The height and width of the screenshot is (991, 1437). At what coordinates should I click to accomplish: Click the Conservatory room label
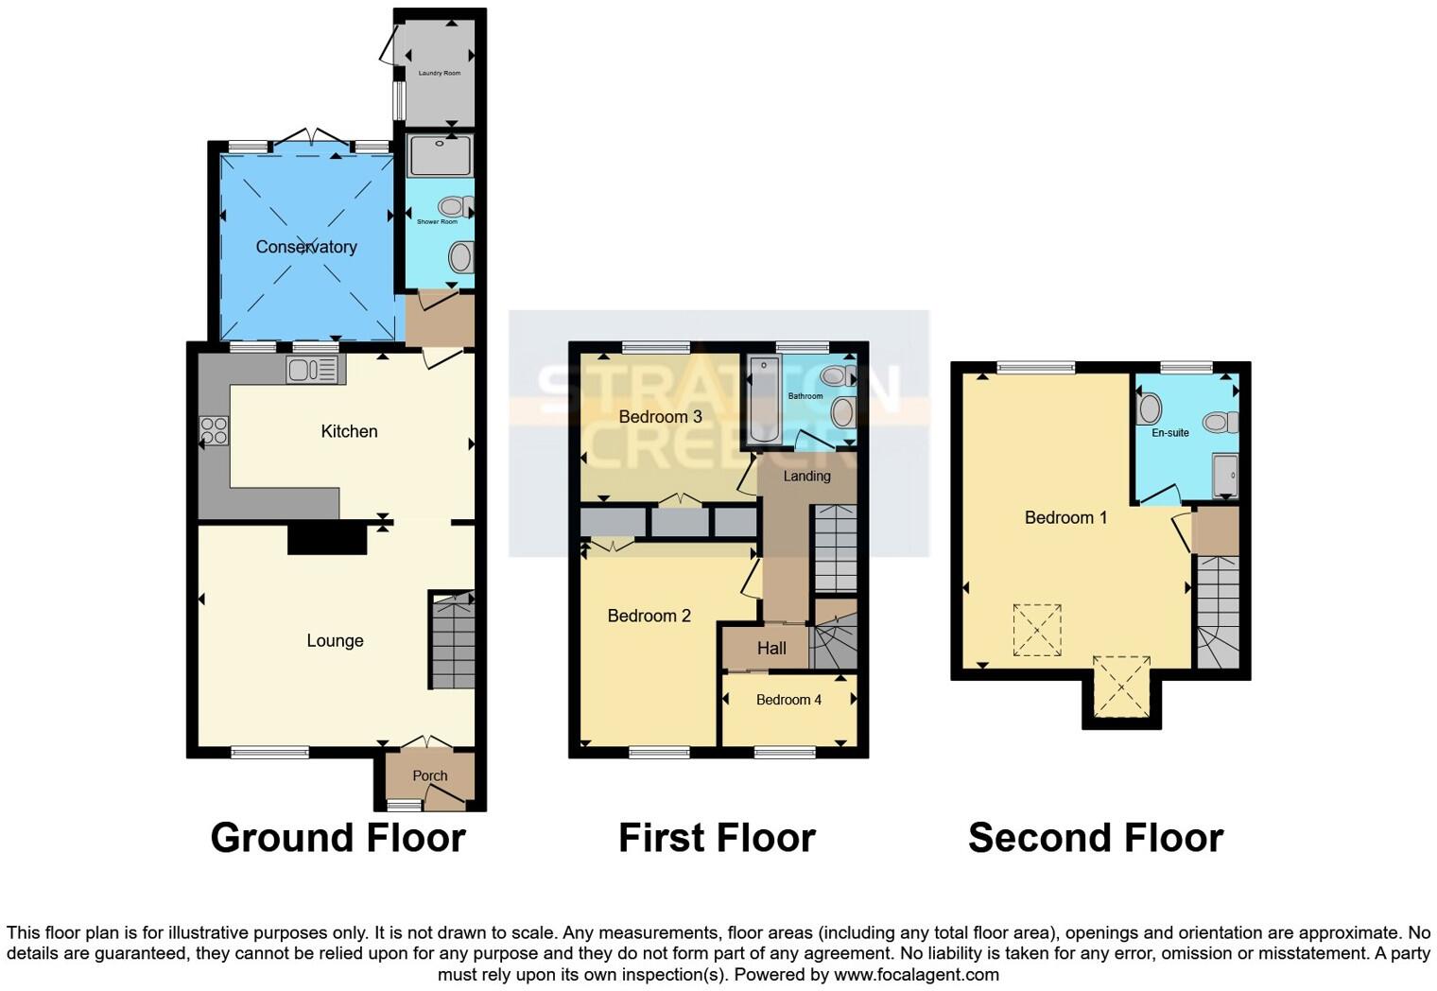(x=306, y=247)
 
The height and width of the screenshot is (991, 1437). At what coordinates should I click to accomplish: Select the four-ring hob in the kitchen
(x=214, y=431)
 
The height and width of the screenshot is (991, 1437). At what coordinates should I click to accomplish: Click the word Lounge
(x=335, y=640)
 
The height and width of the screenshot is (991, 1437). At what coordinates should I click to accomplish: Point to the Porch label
(x=430, y=775)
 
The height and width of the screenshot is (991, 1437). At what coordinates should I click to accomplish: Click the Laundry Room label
(x=440, y=73)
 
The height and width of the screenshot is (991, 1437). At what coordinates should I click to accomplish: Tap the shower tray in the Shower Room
(x=441, y=156)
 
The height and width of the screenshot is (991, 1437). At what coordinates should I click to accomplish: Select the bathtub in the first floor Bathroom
(x=763, y=401)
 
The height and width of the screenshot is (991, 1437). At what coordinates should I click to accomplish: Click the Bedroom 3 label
(x=660, y=417)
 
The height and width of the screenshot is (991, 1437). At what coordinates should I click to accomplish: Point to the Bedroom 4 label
(x=788, y=700)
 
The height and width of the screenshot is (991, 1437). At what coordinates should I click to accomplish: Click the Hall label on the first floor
(x=771, y=648)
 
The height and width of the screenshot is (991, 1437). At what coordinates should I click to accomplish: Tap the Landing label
(x=806, y=476)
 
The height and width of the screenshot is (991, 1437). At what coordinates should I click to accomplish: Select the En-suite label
(x=1170, y=432)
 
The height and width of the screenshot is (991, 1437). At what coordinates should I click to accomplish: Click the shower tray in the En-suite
(x=1225, y=476)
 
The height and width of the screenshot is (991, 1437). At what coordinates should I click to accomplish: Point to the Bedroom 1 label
(x=1065, y=517)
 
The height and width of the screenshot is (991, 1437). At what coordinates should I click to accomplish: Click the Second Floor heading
(x=1095, y=838)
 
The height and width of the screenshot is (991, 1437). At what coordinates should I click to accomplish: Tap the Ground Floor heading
(x=338, y=838)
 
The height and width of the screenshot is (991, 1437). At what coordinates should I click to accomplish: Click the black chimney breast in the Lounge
(x=327, y=538)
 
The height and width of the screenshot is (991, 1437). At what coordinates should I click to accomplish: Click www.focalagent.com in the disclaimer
(x=915, y=974)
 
